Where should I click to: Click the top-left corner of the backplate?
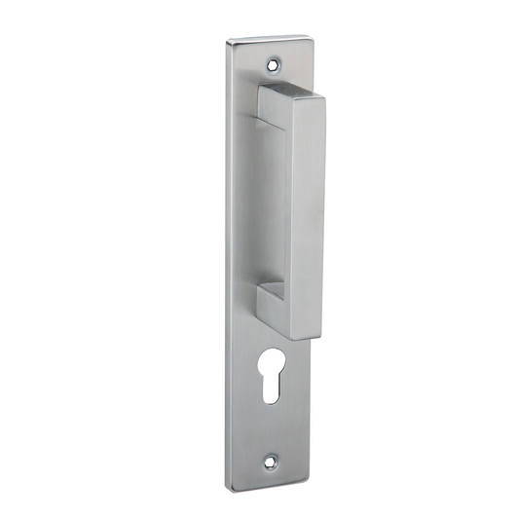230,42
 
